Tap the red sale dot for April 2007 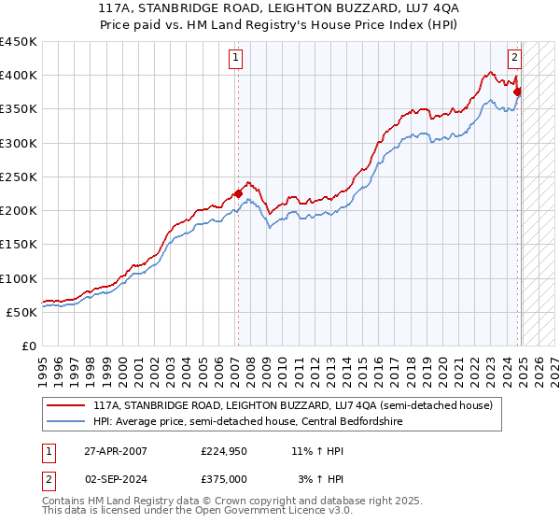[238, 194]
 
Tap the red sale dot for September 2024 [517, 92]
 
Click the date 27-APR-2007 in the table [115, 450]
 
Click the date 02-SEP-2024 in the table [115, 478]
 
